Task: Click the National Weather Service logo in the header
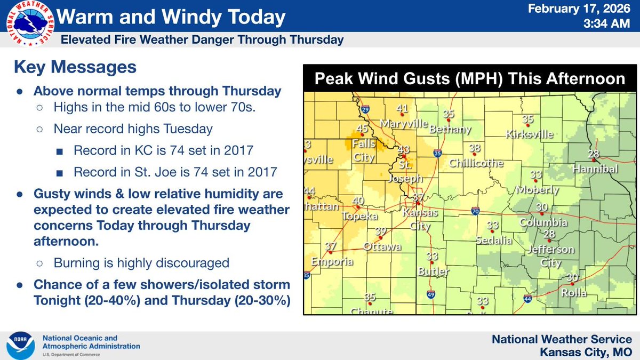point(30,25)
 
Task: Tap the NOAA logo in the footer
point(21,345)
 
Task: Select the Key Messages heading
point(75,68)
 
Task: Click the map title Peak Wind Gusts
point(469,78)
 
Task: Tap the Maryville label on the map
point(404,123)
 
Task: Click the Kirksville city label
point(530,134)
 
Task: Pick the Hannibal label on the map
point(595,169)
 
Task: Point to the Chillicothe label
point(476,163)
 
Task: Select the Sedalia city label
point(494,240)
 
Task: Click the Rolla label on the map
point(573,292)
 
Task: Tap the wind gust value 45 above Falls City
point(362,129)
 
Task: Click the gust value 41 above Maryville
point(402,109)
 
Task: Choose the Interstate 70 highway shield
point(475,212)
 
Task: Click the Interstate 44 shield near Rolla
point(527,299)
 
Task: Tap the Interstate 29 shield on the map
point(365,110)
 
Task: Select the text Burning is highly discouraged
point(141,263)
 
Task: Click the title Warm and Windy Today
point(171,18)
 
